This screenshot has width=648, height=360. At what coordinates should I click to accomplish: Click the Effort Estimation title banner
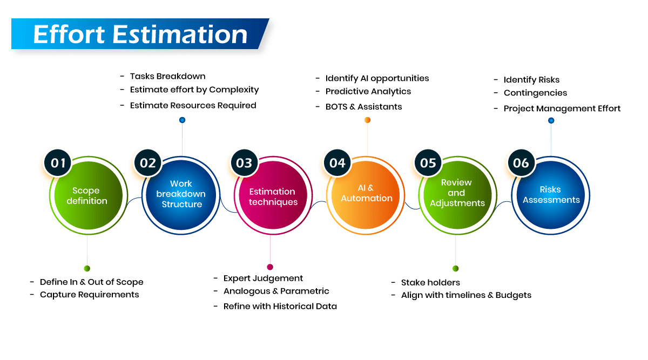140,34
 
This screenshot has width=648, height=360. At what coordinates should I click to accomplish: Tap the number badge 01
58,162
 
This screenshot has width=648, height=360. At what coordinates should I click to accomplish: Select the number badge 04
337,162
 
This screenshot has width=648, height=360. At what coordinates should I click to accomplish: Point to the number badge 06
521,162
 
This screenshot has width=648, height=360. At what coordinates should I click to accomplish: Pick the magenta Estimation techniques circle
273,196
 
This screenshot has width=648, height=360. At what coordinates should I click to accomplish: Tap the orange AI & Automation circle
367,194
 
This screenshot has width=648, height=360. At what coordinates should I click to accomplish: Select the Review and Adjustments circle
456,194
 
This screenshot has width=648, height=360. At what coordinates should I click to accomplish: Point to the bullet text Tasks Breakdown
167,76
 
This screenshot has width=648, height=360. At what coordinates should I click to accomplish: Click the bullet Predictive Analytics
368,92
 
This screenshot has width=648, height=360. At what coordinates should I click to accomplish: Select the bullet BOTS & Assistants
363,107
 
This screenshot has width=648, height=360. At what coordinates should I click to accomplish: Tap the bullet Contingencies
535,93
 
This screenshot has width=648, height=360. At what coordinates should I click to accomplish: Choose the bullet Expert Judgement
263,279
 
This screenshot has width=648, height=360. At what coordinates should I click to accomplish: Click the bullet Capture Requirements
89,295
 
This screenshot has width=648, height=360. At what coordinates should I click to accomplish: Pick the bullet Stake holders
430,283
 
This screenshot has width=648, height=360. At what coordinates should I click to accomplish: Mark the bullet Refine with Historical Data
280,307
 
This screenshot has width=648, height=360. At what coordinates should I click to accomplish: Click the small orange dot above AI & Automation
367,120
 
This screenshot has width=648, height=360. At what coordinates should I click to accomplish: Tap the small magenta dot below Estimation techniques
270,267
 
